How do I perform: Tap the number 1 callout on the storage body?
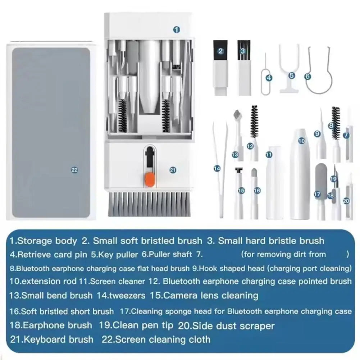(176, 30)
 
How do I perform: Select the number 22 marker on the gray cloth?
(74, 170)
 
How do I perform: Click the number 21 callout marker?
(173, 170)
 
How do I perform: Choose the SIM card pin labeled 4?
(266, 76)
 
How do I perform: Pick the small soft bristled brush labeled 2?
(221, 68)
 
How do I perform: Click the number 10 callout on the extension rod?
(301, 141)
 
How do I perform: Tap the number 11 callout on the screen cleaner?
(269, 155)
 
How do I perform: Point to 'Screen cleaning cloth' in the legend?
(163, 339)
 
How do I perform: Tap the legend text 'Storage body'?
(47, 241)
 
